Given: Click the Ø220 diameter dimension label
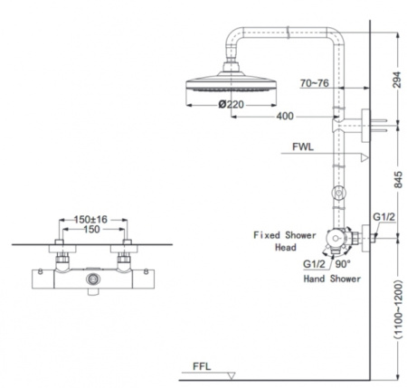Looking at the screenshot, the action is point(232,105).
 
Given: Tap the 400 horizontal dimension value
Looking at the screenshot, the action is point(285,116).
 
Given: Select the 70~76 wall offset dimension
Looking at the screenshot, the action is point(314,83).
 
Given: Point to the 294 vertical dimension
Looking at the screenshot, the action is point(397,80).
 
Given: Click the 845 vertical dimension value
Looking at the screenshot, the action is point(398,179).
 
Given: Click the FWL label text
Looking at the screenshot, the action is point(303,147).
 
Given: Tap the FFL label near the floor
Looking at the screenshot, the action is point(202,366).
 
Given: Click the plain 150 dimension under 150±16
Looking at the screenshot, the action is point(91,230).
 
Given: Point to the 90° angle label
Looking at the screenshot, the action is point(343,264).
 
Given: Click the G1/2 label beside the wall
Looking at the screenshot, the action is point(383,217).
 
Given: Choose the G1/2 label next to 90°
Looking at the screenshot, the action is point(314,264).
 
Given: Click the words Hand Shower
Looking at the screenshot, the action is point(332,279).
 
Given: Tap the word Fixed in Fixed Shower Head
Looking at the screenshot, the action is point(267,235).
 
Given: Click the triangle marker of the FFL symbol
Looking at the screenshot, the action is point(232,376).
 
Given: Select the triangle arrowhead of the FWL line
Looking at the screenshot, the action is point(364,157).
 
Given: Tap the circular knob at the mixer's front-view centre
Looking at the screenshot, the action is point(93,279).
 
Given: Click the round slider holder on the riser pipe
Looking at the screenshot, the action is point(339,193).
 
